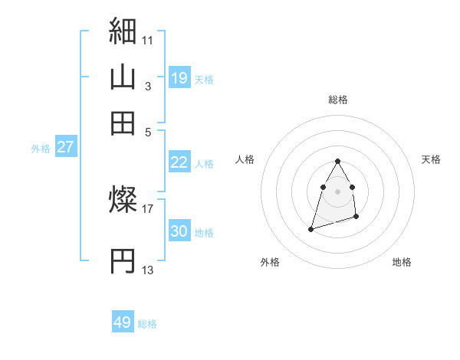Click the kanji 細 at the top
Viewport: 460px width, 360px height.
point(123,31)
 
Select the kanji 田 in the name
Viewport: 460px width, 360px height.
point(123,123)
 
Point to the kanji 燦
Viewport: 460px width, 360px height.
point(123,201)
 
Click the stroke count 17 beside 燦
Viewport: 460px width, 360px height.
point(148,207)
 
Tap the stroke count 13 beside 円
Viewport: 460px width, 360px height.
point(148,269)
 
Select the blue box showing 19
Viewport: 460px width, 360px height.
point(179,77)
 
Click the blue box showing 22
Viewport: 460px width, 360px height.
point(179,162)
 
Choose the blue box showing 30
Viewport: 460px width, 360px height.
point(179,231)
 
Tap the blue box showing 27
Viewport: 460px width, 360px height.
point(65,147)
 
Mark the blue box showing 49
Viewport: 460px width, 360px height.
point(123,322)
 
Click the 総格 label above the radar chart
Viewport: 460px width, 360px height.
point(338,100)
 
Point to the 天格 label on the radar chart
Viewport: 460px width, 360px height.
point(431,159)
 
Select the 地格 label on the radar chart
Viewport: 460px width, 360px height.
point(402,262)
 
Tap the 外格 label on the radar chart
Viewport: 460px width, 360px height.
point(270,262)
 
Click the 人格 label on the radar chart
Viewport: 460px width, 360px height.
point(245,159)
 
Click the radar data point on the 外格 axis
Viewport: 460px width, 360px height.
point(310,228)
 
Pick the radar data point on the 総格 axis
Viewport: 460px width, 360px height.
point(337,161)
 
